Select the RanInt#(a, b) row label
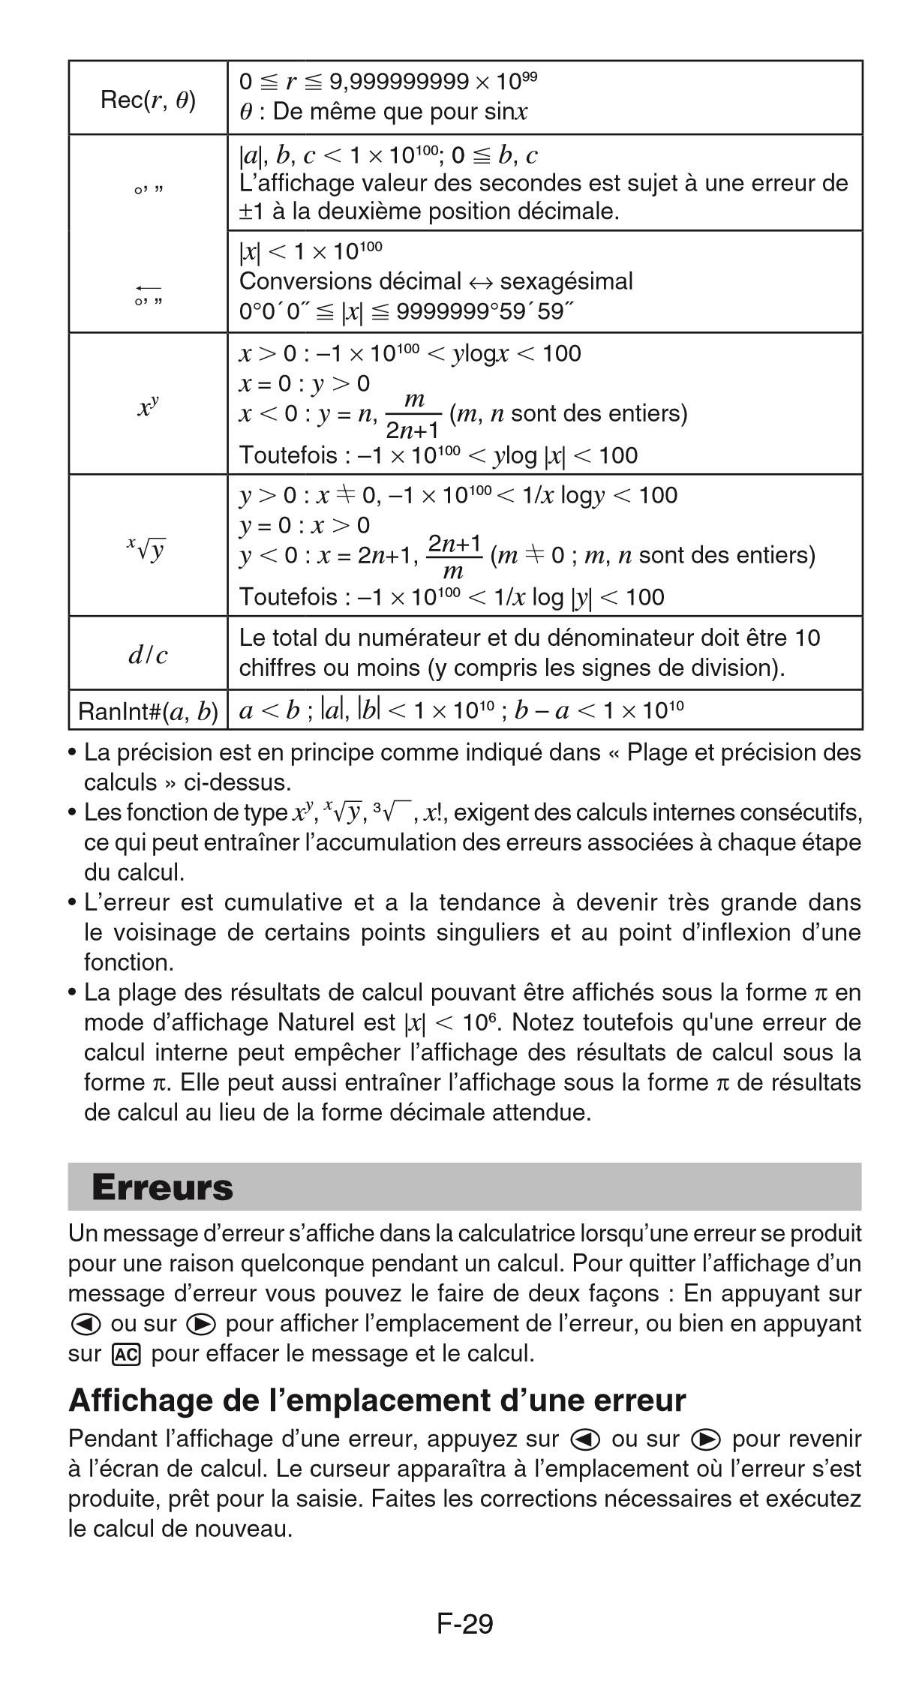point(148,710)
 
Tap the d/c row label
point(148,655)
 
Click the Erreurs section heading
point(162,1187)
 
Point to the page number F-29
point(464,1624)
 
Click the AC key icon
point(125,1354)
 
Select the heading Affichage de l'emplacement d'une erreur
point(377,1400)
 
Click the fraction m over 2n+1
point(413,415)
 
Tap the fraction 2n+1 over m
point(454,556)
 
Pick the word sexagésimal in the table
point(566,281)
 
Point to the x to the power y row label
point(148,406)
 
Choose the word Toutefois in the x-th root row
point(288,597)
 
